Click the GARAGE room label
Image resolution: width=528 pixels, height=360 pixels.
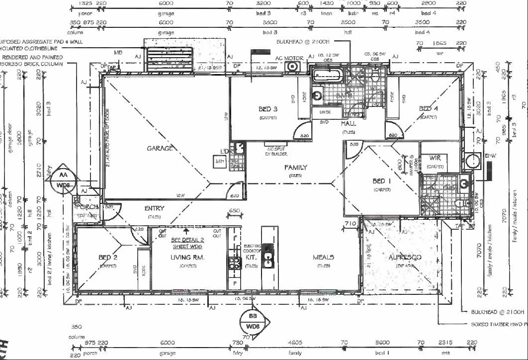[x=160, y=148]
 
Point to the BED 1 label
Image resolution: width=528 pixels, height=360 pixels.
[x=382, y=181]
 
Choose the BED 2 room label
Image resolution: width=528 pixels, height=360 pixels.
[x=107, y=258]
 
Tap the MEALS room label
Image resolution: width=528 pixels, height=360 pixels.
[x=323, y=257]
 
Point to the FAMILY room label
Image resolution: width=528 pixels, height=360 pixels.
[x=296, y=168]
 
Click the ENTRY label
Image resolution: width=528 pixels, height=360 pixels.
[x=154, y=209]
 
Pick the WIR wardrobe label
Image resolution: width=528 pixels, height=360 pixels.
[x=435, y=158]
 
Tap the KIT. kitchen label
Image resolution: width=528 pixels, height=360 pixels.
[x=251, y=258]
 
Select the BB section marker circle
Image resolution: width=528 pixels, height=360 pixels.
[x=253, y=322]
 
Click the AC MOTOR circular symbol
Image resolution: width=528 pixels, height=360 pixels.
[x=293, y=66]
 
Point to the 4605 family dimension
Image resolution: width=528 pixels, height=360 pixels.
[x=295, y=343]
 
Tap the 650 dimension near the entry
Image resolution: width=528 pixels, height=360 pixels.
[x=234, y=210]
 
